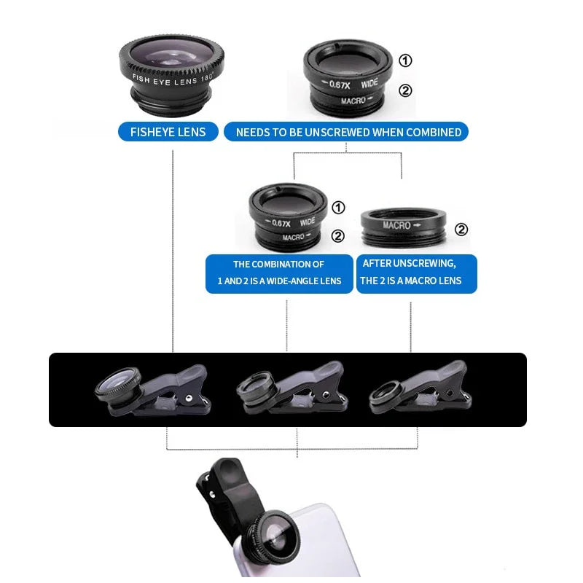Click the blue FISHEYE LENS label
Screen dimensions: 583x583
point(168,132)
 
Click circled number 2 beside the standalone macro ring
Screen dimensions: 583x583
point(461,230)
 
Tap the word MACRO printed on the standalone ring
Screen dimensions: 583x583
point(398,225)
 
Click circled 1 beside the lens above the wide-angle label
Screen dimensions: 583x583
point(338,208)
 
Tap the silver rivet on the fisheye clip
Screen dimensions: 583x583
point(187,399)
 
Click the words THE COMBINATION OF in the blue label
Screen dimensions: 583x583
point(278,264)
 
